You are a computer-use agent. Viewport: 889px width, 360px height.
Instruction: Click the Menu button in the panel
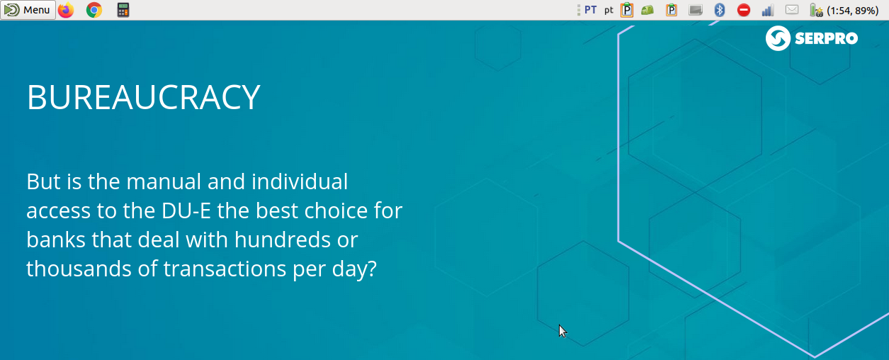[x=28, y=10]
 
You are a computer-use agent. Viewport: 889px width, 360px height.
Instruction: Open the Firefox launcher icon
[x=66, y=10]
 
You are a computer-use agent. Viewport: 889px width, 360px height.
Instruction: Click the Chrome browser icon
[x=94, y=10]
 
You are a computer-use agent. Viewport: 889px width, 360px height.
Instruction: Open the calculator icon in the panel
[x=123, y=10]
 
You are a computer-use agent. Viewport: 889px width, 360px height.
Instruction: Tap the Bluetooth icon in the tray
[x=720, y=10]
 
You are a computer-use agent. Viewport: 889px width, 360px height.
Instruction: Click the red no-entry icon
[x=744, y=10]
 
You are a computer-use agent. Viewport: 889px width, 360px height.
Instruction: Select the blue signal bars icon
[x=768, y=11]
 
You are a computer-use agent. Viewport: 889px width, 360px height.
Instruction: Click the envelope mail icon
[x=792, y=9]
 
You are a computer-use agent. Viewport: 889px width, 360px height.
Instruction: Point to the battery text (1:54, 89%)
[x=852, y=11]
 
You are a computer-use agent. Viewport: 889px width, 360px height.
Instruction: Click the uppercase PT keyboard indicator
[x=590, y=10]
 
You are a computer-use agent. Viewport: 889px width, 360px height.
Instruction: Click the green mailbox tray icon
[x=647, y=10]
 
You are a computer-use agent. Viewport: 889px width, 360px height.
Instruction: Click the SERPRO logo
[x=812, y=38]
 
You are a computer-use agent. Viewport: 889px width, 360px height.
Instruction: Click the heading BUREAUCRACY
[x=143, y=97]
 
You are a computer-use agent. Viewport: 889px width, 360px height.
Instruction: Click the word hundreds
[x=282, y=240]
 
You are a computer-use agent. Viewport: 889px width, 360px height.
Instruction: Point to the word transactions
[x=225, y=269]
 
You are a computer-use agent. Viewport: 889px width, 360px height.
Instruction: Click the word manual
[x=164, y=181]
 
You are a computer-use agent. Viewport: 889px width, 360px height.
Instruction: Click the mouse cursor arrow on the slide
[x=562, y=331]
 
